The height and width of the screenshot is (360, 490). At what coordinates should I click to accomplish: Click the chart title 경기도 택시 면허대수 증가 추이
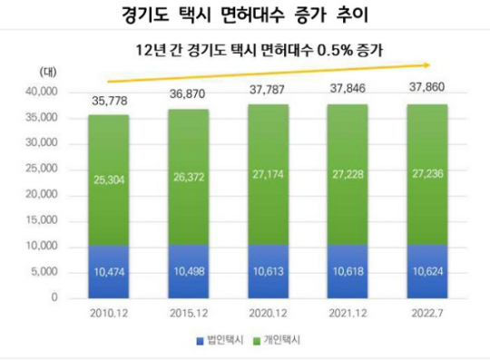(245, 15)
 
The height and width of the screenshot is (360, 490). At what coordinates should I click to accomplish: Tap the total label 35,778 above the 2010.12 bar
(107, 100)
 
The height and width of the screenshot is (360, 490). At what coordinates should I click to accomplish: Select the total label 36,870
(189, 94)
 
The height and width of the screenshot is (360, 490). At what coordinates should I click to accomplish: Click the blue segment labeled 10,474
(107, 271)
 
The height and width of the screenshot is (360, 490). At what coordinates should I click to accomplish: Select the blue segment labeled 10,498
(189, 271)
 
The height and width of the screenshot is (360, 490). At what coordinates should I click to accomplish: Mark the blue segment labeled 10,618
(350, 271)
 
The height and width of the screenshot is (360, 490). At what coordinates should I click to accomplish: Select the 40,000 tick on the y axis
(41, 92)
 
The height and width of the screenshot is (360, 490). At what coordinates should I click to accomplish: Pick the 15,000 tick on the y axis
(41, 220)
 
